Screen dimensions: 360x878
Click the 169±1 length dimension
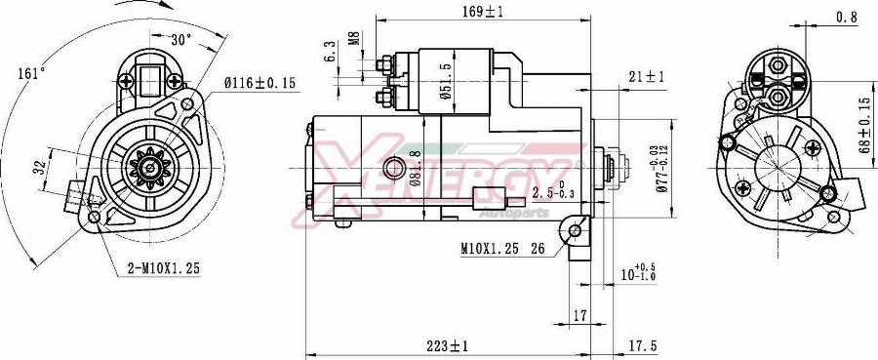[484, 11]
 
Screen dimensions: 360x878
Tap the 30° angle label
[180, 40]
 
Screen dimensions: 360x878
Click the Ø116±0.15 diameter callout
[259, 84]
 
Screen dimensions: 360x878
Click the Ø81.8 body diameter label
[415, 167]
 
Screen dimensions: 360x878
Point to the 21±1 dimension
[645, 76]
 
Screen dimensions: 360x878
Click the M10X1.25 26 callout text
[502, 248]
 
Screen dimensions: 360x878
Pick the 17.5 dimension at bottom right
[640, 345]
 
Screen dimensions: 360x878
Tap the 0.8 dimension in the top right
[846, 17]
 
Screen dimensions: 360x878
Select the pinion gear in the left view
[150, 167]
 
